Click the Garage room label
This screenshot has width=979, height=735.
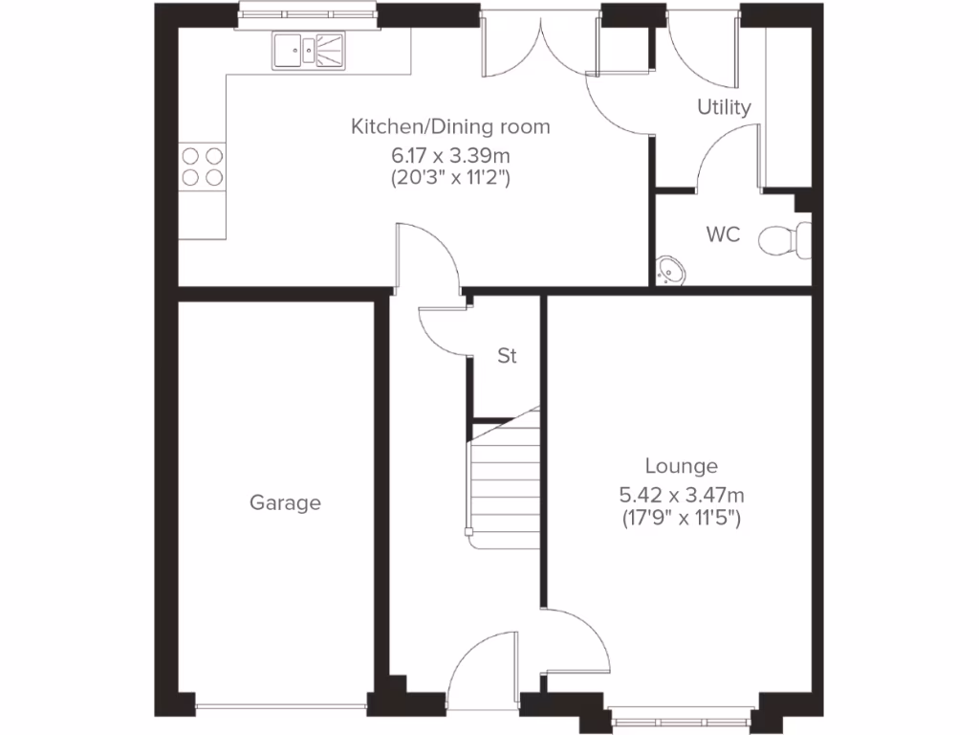coord(285,502)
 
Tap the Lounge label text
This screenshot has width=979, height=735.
coord(681,466)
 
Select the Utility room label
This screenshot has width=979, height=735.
coord(724,107)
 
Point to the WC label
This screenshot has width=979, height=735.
coord(723,234)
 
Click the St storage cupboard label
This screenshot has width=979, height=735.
coord(507,356)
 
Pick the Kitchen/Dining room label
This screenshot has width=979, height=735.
coord(450,126)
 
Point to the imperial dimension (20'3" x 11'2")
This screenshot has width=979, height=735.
coord(450,176)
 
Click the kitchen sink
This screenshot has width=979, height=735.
coord(308,51)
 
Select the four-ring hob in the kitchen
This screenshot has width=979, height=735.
coord(203,165)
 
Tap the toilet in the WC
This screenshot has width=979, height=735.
coord(785,240)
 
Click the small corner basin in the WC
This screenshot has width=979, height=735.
coord(670,272)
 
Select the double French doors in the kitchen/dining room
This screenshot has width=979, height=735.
coord(541,48)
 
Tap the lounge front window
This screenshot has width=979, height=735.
coord(682,713)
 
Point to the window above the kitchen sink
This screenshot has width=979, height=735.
coord(307,12)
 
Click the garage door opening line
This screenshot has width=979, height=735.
coord(284,709)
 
